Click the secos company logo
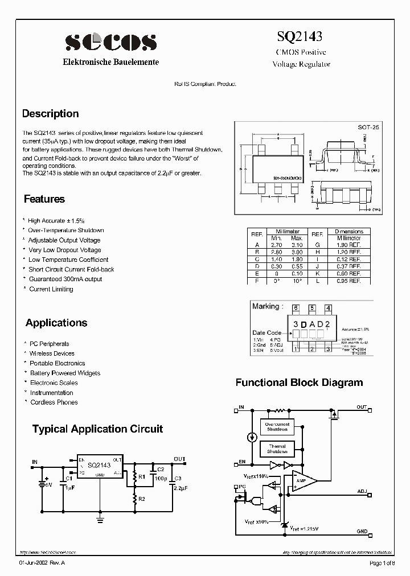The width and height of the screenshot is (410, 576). click(110, 43)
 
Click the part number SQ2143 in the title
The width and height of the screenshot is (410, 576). click(300, 37)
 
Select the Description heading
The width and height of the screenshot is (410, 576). click(50, 114)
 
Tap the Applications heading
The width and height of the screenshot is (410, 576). click(56, 323)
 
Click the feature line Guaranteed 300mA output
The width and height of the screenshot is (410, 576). click(65, 279)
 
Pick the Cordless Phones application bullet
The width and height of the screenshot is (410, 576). click(54, 402)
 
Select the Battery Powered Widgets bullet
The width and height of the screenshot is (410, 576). click(64, 373)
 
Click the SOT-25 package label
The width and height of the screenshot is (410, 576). click(368, 129)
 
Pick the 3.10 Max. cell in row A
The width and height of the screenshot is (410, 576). click(297, 244)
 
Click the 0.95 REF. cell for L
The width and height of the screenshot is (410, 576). click(348, 281)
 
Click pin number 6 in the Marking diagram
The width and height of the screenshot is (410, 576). click(296, 308)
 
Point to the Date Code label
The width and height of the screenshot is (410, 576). click(266, 332)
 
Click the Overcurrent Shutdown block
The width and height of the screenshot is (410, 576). click(277, 427)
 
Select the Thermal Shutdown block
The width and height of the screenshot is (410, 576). click(277, 449)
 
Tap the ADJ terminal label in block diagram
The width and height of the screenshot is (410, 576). click(362, 490)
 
